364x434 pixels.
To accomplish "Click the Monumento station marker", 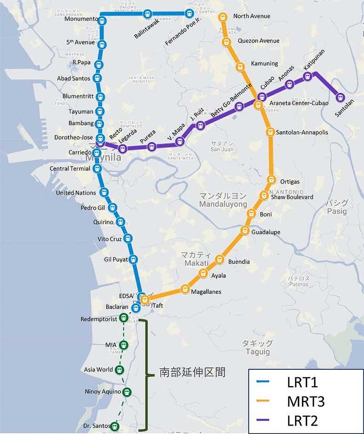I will coord(102,20).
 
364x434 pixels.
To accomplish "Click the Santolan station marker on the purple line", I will coord(340,97).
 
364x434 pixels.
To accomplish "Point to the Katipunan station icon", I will coord(308,77).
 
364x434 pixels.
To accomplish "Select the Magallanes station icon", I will coord(185,289).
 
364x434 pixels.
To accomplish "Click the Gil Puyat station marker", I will coord(133,259).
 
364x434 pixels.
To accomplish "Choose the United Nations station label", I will coord(76,193).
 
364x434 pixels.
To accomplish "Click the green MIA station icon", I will coord(124,345).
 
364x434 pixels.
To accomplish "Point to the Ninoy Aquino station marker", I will coord(127,392).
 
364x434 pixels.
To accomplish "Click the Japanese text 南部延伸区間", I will coord(192,373).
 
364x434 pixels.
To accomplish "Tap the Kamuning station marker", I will coord(240,66).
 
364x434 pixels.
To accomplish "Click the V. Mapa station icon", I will coord(180,141).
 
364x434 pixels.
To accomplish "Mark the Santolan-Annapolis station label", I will coord(302,133).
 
